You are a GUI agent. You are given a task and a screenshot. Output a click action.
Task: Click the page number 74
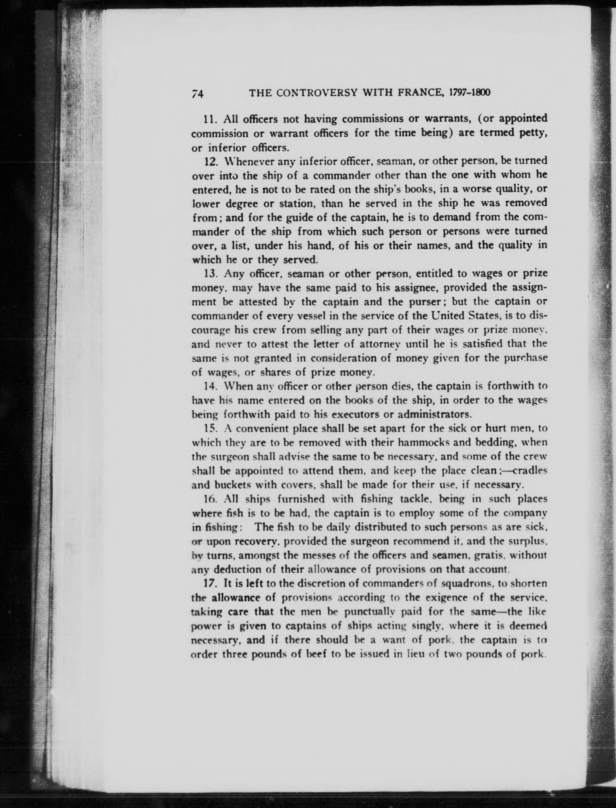click(x=197, y=94)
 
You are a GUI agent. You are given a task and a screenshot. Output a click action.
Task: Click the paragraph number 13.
click(x=210, y=274)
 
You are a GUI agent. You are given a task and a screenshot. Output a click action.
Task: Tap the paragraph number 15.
click(x=210, y=428)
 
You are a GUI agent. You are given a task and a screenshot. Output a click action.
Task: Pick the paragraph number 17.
click(x=210, y=583)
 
